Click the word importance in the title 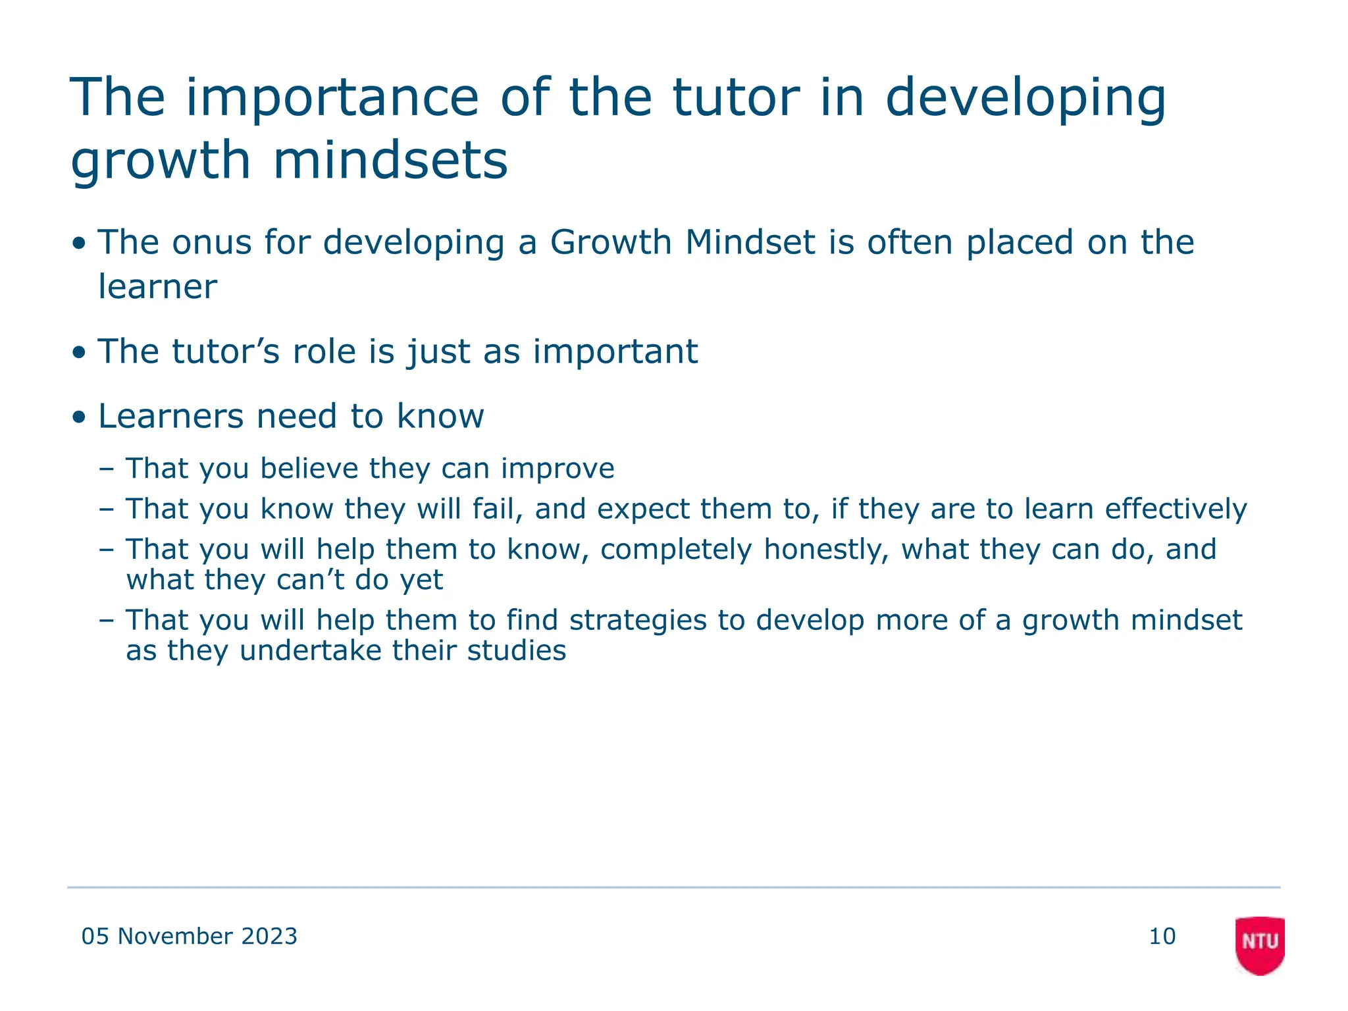click(x=332, y=98)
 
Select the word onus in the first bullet click(x=212, y=242)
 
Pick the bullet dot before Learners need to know click(x=80, y=417)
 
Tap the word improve click(x=557, y=469)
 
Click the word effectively click(x=1176, y=509)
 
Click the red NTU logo click(x=1260, y=944)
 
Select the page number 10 click(x=1162, y=936)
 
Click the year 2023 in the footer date click(x=269, y=936)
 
